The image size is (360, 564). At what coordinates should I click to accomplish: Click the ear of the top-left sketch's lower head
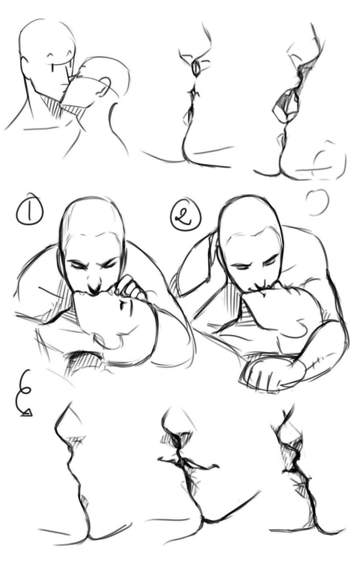104,87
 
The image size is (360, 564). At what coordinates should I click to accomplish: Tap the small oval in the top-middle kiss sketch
197,68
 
